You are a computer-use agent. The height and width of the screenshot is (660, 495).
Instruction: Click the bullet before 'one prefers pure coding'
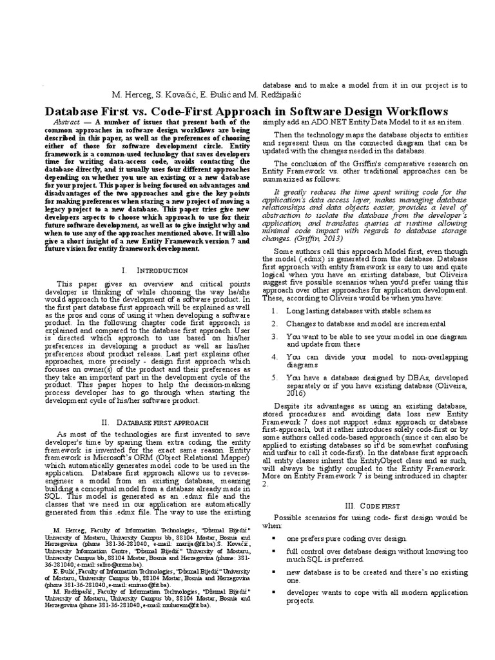[x=274, y=538]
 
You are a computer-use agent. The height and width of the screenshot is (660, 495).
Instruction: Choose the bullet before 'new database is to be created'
[x=274, y=572]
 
